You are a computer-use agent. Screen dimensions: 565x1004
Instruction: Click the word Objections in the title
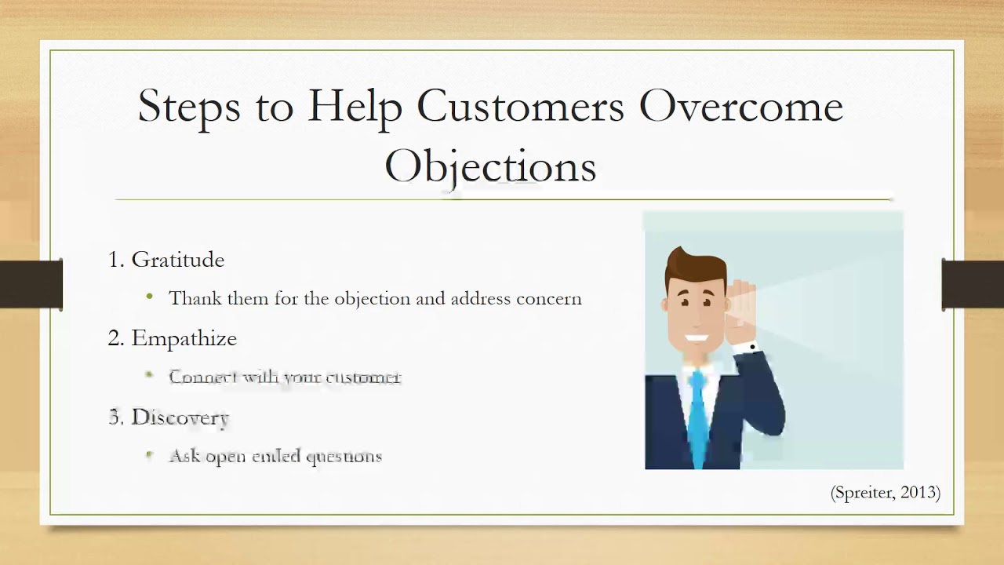coord(490,166)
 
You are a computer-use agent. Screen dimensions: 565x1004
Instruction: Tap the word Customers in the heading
coord(520,106)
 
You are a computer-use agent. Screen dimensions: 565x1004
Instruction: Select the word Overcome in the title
coord(740,106)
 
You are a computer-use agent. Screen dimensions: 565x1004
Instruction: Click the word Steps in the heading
coord(189,106)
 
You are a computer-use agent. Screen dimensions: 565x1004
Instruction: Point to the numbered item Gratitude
coord(177,260)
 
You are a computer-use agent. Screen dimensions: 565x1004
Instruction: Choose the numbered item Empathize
coord(184,338)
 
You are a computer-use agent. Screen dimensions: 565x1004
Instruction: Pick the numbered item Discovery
coord(180,417)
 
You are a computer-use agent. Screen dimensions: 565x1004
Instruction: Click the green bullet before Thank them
coord(150,297)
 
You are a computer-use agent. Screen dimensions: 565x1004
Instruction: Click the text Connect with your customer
coord(285,377)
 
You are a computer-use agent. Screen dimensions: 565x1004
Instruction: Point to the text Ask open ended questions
coord(275,456)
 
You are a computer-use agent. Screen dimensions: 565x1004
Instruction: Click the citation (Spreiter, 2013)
coord(885,493)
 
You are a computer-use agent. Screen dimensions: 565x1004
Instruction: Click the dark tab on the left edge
coord(31,283)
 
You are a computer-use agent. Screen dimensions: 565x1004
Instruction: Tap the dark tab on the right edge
coord(973,283)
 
